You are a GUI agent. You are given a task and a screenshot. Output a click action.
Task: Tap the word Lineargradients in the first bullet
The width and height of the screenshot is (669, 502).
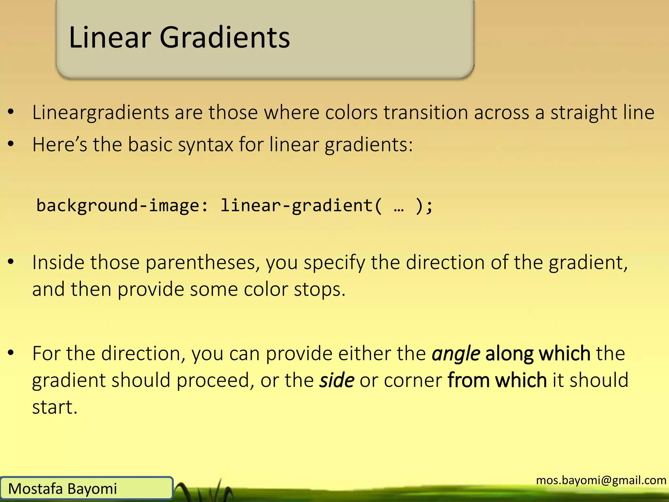click(100, 113)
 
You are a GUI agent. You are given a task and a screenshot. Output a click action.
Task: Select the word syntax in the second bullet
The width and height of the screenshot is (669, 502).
click(205, 144)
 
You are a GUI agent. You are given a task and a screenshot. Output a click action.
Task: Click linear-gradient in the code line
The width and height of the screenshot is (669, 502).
click(296, 206)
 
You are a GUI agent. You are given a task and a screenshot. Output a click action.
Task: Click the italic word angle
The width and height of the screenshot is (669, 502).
click(456, 354)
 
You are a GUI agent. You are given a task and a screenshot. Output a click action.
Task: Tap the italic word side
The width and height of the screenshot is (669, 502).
click(336, 381)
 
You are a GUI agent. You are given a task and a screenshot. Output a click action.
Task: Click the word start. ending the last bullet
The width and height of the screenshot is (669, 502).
click(55, 408)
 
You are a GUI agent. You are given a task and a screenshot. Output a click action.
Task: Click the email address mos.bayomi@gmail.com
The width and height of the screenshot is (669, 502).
click(601, 480)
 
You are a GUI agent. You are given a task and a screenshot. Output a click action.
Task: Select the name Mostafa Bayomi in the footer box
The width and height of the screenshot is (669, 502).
click(62, 489)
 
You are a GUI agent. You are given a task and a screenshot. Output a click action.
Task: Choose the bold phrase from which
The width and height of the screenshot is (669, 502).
click(497, 381)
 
